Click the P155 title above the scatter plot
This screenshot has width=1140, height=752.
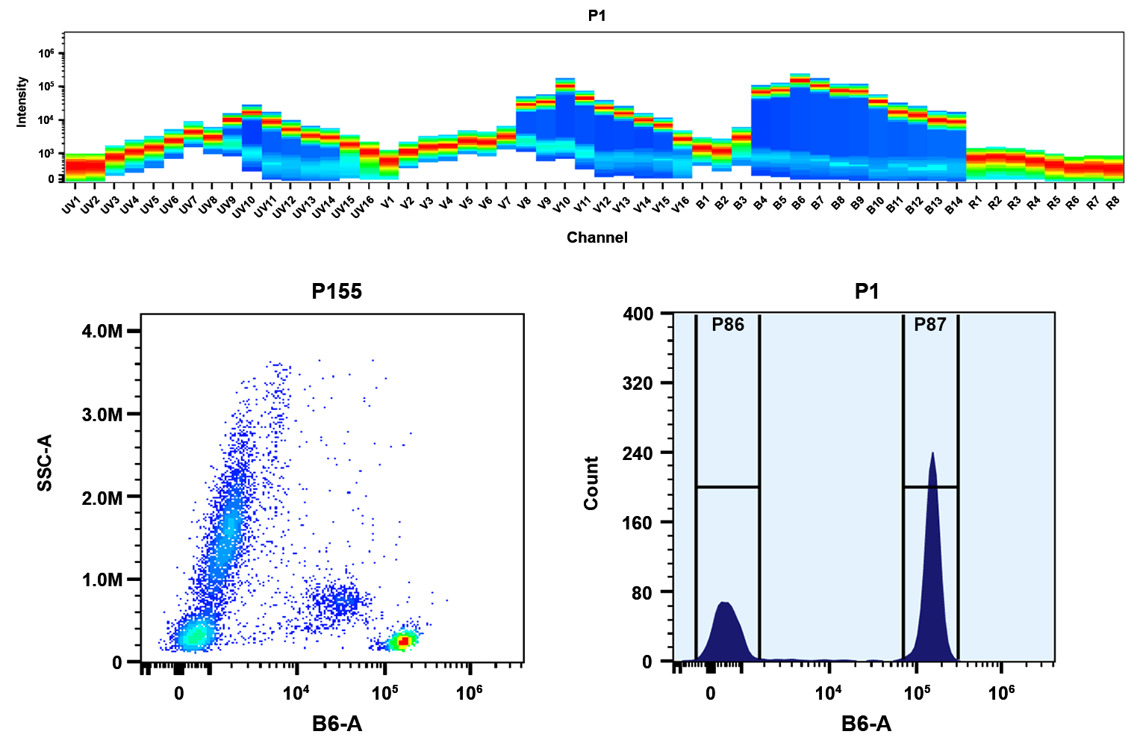pyautogui.click(x=337, y=291)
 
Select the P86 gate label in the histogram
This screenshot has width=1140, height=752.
pyautogui.click(x=727, y=325)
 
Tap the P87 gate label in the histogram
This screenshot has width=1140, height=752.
pyautogui.click(x=929, y=325)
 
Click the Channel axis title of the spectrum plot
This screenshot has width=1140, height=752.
pyautogui.click(x=597, y=237)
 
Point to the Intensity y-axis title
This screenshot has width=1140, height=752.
pyautogui.click(x=22, y=102)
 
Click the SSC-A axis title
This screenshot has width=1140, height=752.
pyautogui.click(x=46, y=463)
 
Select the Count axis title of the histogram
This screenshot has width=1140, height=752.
pyautogui.click(x=591, y=484)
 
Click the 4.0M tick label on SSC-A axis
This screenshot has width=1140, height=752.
pyautogui.click(x=102, y=332)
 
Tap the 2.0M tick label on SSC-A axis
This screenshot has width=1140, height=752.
pyautogui.click(x=102, y=497)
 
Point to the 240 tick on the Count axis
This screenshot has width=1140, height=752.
pyautogui.click(x=637, y=453)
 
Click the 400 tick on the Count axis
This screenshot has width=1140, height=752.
pyautogui.click(x=637, y=314)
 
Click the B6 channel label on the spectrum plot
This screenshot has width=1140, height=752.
pyautogui.click(x=798, y=204)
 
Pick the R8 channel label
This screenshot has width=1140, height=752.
pyautogui.click(x=1112, y=204)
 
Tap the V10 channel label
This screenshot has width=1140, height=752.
pyautogui.click(x=561, y=205)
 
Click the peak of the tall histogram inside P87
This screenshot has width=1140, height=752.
pyautogui.click(x=932, y=454)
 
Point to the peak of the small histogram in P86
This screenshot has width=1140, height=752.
pyautogui.click(x=724, y=603)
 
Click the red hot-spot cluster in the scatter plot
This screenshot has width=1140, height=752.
pyautogui.click(x=404, y=641)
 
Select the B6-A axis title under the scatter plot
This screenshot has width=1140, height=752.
pyautogui.click(x=337, y=723)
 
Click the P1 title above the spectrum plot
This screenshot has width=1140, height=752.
pyautogui.click(x=597, y=16)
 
